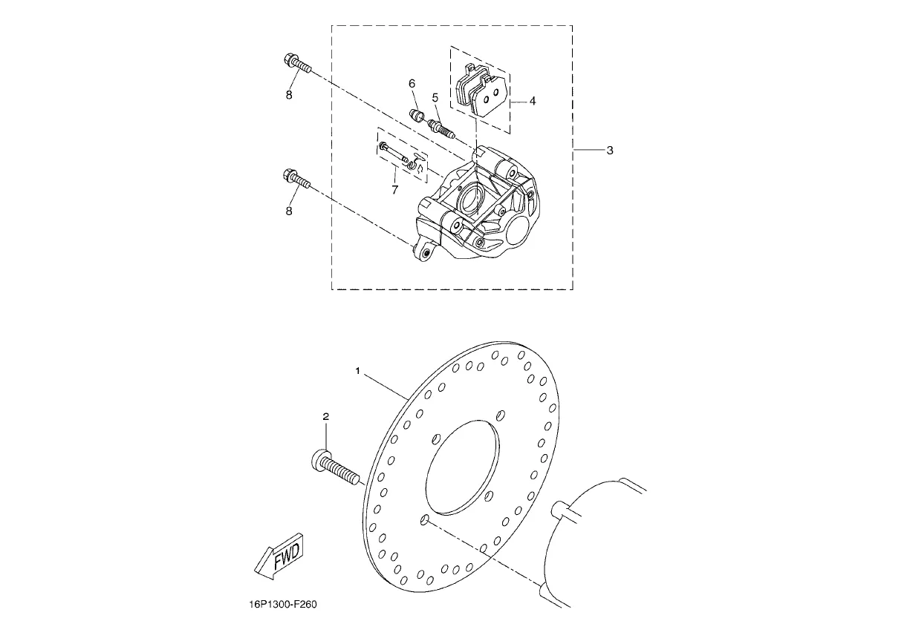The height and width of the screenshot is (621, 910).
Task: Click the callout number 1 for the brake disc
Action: [357, 371]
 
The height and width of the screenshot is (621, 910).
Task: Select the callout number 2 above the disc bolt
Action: [326, 416]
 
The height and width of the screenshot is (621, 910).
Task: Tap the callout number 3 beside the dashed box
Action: [609, 151]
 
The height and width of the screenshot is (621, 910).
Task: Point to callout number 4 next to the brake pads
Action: [533, 101]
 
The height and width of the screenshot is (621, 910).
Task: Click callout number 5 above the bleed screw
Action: [435, 98]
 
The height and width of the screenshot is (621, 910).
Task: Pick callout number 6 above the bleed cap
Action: [412, 84]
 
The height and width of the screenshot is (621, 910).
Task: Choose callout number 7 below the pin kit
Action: [395, 190]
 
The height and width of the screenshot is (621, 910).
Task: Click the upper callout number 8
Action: [289, 95]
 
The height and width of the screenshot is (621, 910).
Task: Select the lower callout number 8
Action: [289, 211]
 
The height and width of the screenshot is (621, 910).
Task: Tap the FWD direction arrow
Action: [279, 556]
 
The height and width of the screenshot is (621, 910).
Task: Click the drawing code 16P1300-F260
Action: [283, 605]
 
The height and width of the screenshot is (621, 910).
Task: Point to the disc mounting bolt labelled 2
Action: [336, 467]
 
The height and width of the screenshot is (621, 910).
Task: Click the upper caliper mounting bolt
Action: [297, 64]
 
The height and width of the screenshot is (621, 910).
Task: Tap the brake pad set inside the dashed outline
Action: [481, 90]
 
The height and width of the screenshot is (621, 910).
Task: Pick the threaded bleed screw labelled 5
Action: [442, 128]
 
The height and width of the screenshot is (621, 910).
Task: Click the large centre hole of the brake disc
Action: [462, 467]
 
